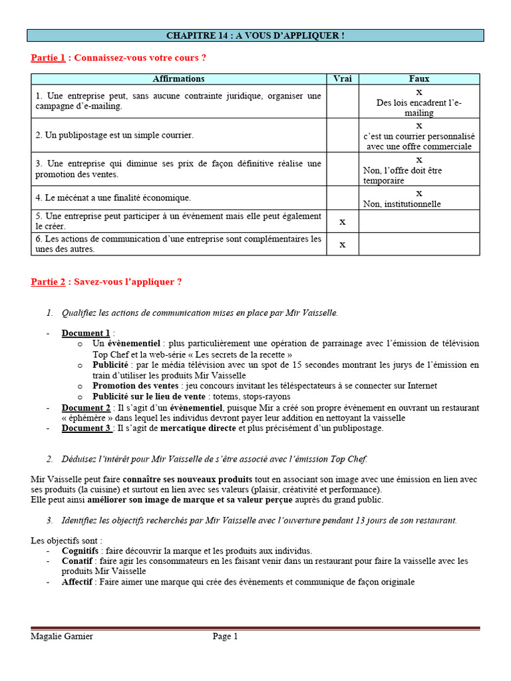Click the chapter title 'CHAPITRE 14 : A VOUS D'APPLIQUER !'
tap(255, 35)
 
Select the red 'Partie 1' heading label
tap(48, 58)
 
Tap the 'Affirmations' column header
tap(178, 79)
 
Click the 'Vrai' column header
tap(342, 79)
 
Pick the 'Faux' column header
tap(419, 79)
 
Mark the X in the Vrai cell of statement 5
tap(342, 221)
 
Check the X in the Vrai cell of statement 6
tap(342, 244)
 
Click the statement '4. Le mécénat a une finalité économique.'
tap(113, 198)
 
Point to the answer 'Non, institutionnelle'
tap(402, 204)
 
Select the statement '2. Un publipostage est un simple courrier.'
tap(114, 135)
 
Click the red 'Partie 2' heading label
tap(48, 282)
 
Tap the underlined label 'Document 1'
tap(86, 333)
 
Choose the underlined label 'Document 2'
tap(86, 408)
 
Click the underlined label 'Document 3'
tap(86, 428)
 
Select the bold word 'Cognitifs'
tap(80, 551)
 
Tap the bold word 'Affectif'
tap(77, 582)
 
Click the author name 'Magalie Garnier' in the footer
tap(62, 636)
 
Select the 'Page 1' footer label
tap(225, 636)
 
